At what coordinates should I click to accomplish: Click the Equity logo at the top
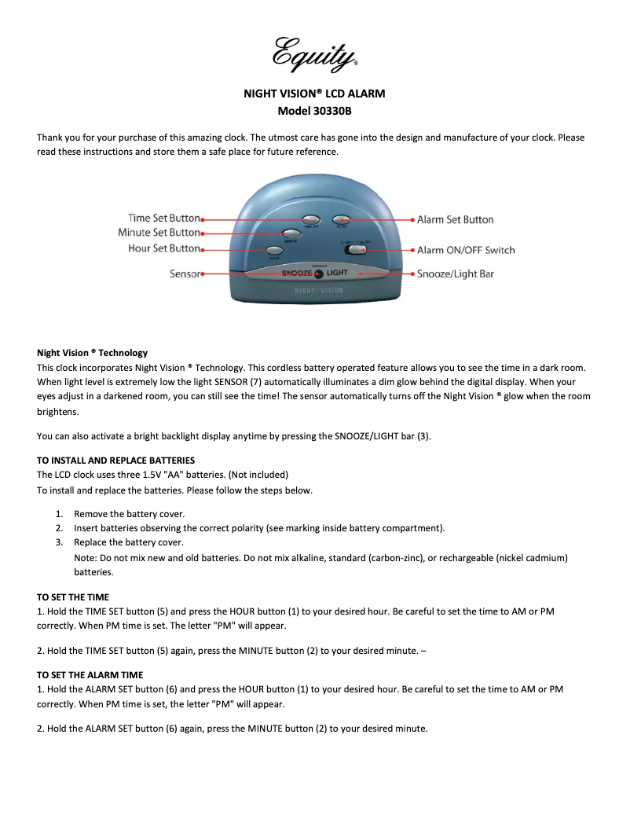click(314, 53)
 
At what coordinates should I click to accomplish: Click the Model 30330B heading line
click(314, 111)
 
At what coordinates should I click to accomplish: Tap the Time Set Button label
click(164, 218)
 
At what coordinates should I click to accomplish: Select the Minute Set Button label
click(159, 233)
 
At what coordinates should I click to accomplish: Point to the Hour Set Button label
click(163, 248)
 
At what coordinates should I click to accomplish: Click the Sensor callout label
click(185, 274)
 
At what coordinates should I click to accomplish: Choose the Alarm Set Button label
click(455, 220)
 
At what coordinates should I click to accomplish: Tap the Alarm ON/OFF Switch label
click(466, 250)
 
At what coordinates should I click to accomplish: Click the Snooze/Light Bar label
click(455, 274)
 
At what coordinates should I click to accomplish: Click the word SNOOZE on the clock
click(297, 273)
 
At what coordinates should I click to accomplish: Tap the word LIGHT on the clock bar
click(337, 273)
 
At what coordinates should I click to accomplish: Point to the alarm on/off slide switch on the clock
click(356, 249)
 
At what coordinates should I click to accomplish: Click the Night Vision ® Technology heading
click(92, 353)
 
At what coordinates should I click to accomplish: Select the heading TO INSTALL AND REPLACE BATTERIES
click(115, 461)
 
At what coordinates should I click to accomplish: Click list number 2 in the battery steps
click(59, 528)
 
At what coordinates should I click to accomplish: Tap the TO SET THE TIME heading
click(73, 597)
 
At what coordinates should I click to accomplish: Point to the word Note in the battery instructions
click(85, 558)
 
